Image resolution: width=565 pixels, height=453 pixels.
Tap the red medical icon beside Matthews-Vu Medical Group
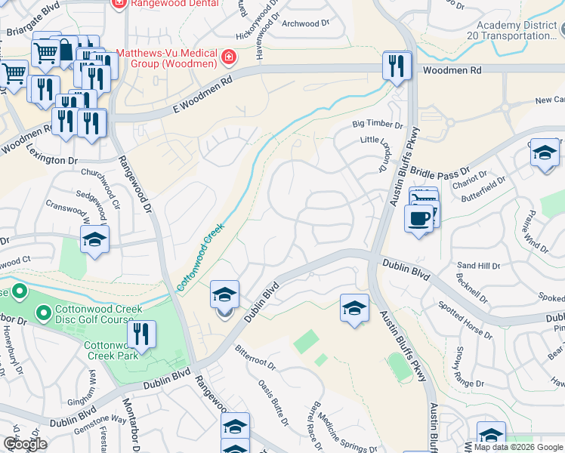pos(227,57)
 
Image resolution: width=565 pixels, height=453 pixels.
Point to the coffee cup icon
pos(418,218)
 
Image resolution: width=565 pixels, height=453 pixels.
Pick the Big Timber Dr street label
pos(378,125)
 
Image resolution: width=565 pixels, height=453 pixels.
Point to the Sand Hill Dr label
pos(478,266)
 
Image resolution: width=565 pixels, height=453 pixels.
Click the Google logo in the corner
pos(25,444)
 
